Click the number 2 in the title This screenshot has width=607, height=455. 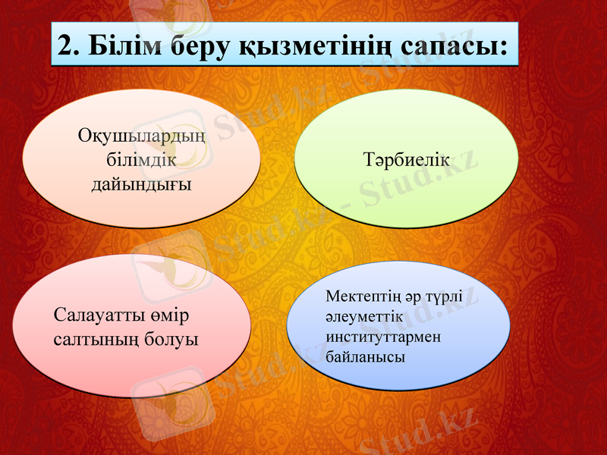point(67,47)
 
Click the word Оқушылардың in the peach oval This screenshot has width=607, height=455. point(142,138)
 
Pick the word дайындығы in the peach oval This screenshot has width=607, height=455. point(141,184)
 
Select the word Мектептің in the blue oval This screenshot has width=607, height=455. point(358,297)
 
